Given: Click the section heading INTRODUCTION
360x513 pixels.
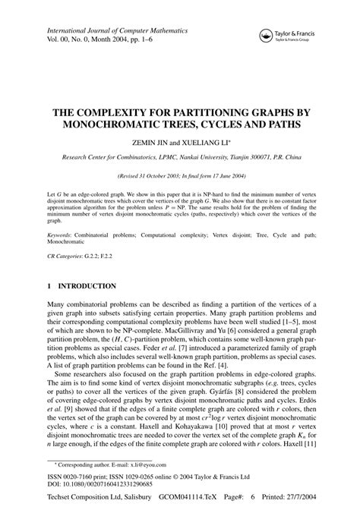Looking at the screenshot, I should coord(87,288).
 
